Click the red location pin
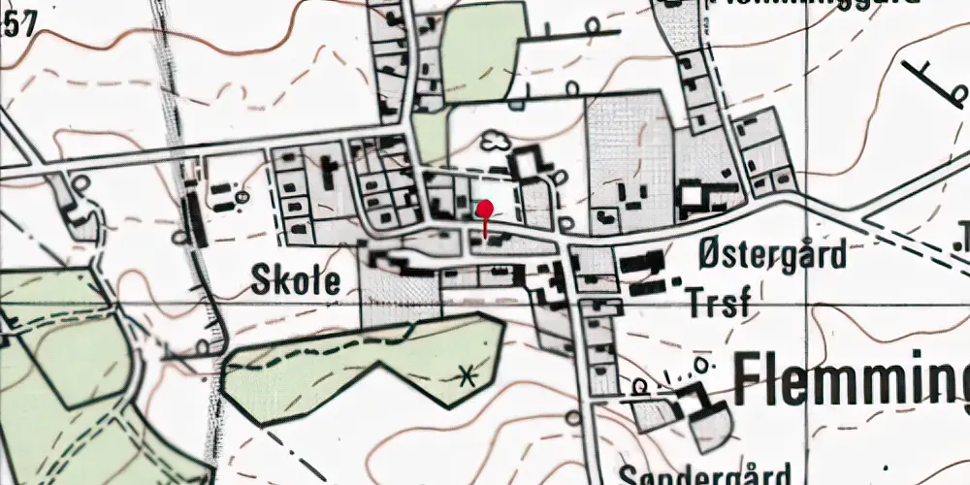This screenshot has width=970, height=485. pyautogui.click(x=486, y=208)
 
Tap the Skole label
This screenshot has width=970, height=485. pyautogui.click(x=296, y=282)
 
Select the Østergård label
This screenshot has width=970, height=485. pyautogui.click(x=772, y=255)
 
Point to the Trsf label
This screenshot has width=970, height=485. pyautogui.click(x=718, y=303)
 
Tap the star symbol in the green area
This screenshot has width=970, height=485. pyautogui.click(x=469, y=374)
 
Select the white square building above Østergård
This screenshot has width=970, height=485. pyautogui.click(x=692, y=198)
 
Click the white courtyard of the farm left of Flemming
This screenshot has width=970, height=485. pyautogui.click(x=712, y=428)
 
